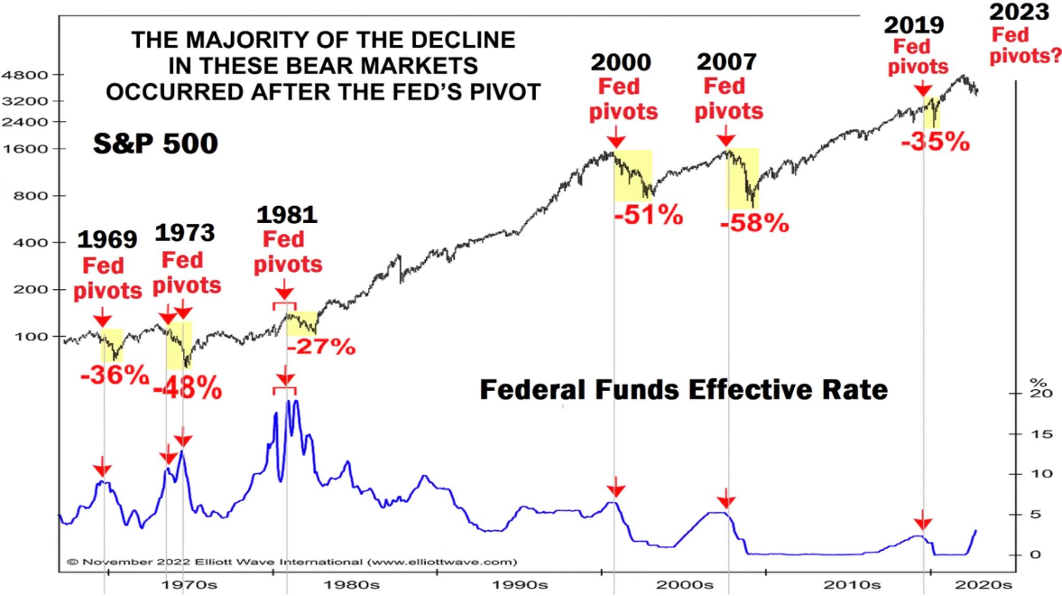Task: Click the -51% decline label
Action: [x=648, y=216]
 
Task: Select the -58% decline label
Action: [x=754, y=222]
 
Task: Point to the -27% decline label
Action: [x=320, y=346]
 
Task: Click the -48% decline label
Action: [x=187, y=388]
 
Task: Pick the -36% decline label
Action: [x=114, y=374]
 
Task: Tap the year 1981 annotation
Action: [x=287, y=215]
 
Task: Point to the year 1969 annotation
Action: [x=107, y=240]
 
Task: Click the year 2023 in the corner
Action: [x=1019, y=14]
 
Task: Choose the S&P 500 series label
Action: [x=155, y=144]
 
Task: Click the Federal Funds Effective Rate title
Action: [x=683, y=390]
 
